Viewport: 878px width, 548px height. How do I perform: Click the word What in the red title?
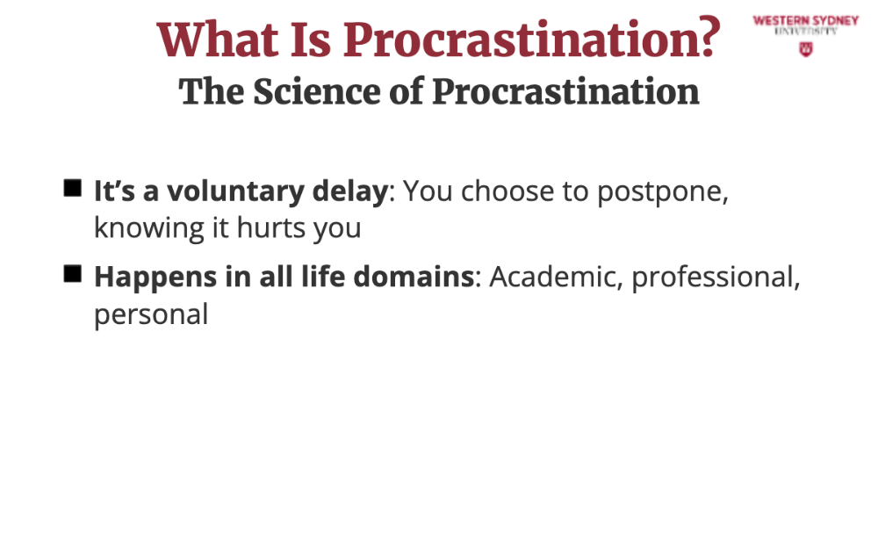[x=217, y=40]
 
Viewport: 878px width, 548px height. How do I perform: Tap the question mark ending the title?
[x=709, y=37]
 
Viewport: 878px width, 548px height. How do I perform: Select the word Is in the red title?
[x=311, y=40]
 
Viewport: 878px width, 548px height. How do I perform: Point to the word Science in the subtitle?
[x=317, y=91]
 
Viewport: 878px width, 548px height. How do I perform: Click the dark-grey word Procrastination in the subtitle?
[x=565, y=91]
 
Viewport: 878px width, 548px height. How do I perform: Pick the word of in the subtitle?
[x=407, y=91]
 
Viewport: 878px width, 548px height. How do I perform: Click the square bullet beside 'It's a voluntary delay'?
[x=73, y=188]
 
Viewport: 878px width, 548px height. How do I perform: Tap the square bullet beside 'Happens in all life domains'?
[x=73, y=274]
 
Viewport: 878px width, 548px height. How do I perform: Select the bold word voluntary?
[x=235, y=192]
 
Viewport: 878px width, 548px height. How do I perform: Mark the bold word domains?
[x=414, y=277]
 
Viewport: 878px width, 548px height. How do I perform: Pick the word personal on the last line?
[x=151, y=315]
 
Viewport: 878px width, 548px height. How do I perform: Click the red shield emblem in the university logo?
[x=806, y=49]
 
